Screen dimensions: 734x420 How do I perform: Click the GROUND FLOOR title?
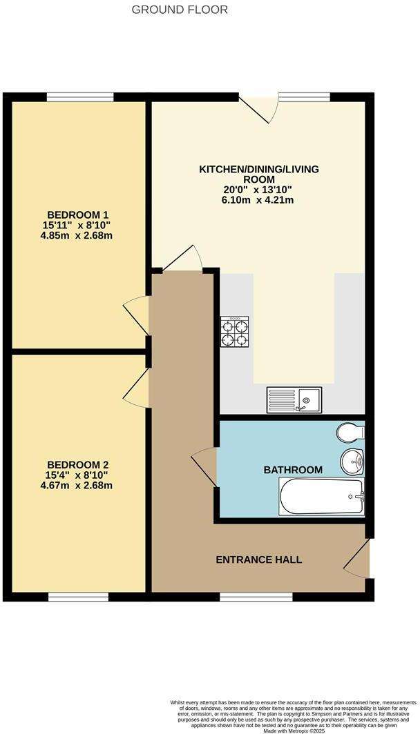point(180,10)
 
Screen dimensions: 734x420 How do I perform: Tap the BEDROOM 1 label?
point(78,214)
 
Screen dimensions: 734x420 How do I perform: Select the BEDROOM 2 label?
point(78,465)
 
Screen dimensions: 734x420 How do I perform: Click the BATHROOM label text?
point(293,470)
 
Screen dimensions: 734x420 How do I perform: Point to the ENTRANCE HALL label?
point(258,559)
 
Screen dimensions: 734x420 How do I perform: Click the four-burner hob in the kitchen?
point(235,330)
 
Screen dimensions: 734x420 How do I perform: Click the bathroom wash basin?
point(352,459)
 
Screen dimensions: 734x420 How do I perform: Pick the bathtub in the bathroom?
point(321,497)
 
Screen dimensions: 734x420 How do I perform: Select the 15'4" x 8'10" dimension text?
point(78,475)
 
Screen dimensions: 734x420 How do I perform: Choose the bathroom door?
point(205,466)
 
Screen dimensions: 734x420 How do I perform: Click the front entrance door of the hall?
point(358,559)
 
